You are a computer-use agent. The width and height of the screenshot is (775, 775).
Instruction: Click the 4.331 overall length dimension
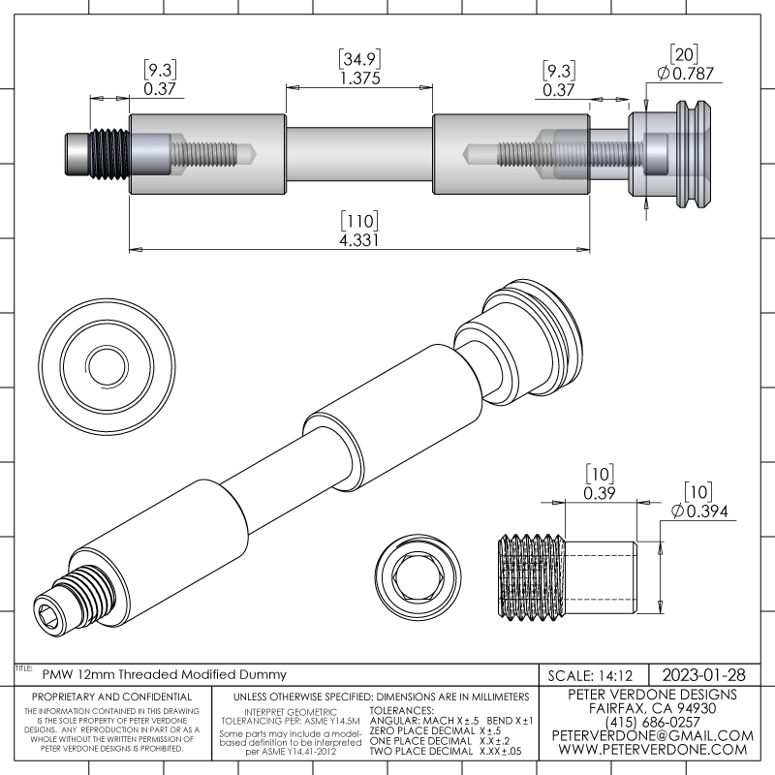[358, 239]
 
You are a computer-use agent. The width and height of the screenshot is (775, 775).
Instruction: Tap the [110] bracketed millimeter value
[358, 220]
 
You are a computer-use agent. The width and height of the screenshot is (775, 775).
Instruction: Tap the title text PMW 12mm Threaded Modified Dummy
[164, 673]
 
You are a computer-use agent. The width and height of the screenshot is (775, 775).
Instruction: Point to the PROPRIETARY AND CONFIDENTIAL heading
[111, 697]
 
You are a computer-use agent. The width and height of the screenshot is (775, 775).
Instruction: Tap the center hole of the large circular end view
[107, 364]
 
